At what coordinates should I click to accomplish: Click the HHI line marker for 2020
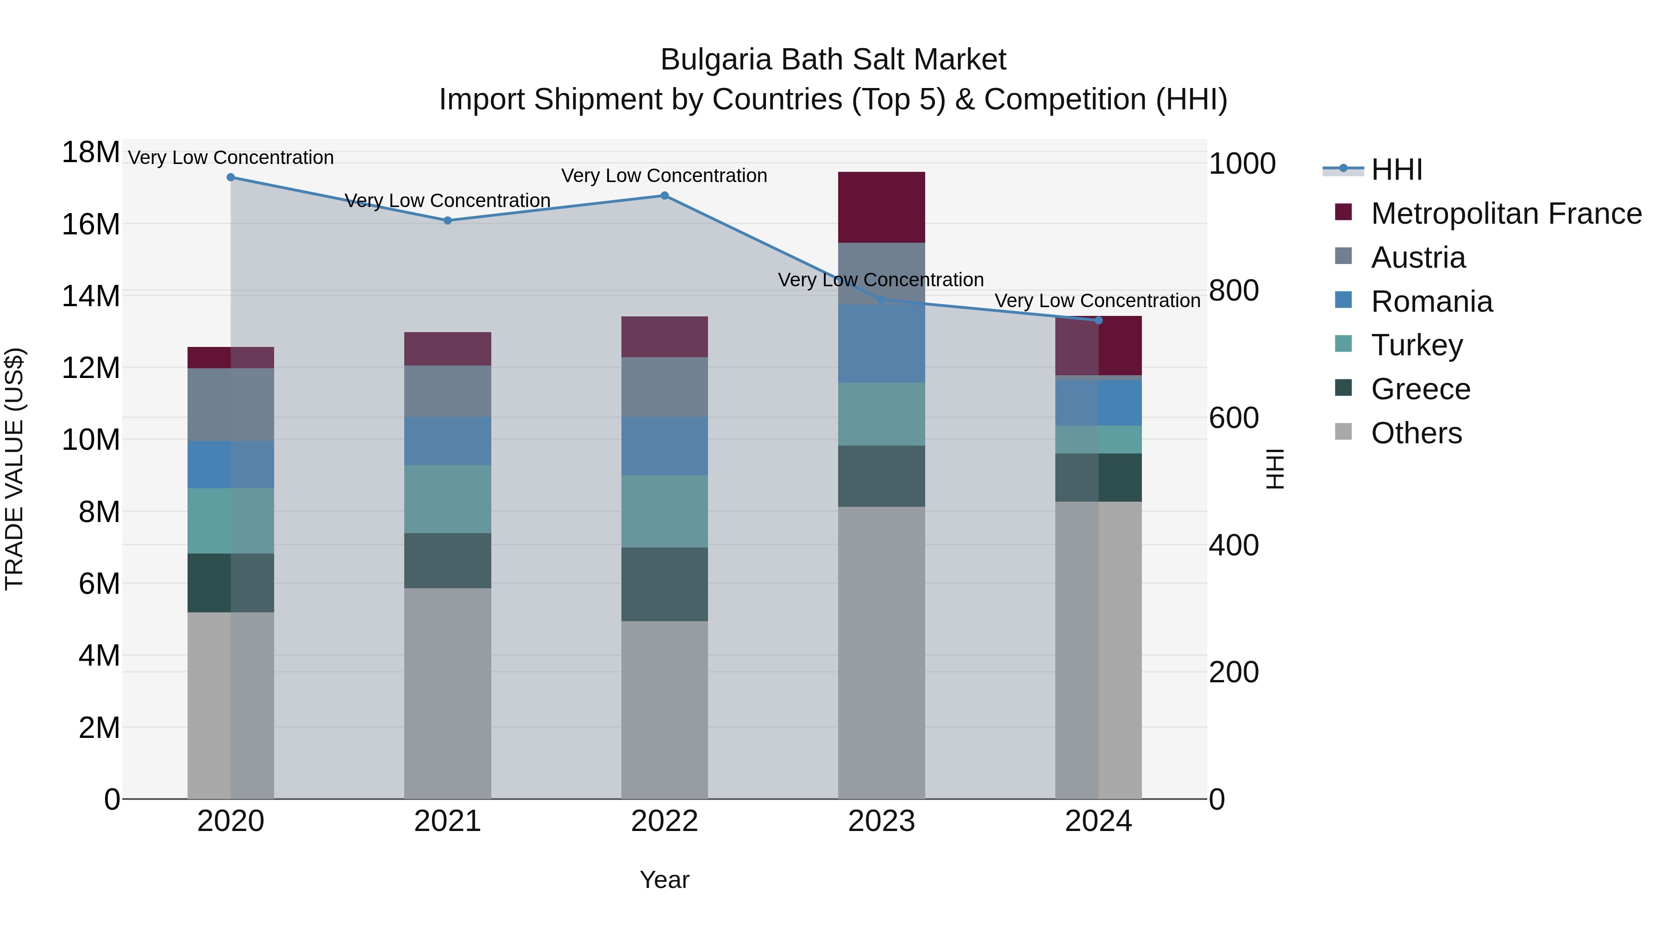(x=231, y=177)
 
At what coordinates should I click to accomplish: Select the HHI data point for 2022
(x=664, y=195)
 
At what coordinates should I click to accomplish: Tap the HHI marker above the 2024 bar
(x=1098, y=321)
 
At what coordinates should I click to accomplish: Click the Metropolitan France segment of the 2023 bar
(x=881, y=207)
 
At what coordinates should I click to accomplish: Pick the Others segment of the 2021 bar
(x=447, y=692)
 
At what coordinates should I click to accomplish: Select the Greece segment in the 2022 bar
(x=664, y=584)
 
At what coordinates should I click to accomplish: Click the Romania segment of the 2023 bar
(x=881, y=343)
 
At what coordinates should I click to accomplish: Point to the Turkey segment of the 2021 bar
(x=447, y=499)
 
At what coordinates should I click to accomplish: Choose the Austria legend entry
(x=1417, y=258)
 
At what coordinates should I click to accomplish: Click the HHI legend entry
(x=1397, y=170)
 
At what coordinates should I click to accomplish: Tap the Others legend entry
(x=1416, y=433)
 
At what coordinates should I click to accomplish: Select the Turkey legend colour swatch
(x=1343, y=344)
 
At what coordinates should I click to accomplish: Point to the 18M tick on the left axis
(x=91, y=153)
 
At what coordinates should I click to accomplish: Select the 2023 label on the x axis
(x=881, y=821)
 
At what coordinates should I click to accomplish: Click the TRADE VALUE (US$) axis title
(x=14, y=469)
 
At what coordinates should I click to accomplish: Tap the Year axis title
(x=664, y=880)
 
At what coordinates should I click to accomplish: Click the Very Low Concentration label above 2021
(x=447, y=201)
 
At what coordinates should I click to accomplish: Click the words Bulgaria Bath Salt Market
(x=833, y=60)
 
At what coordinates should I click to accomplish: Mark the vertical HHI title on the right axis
(x=1274, y=469)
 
